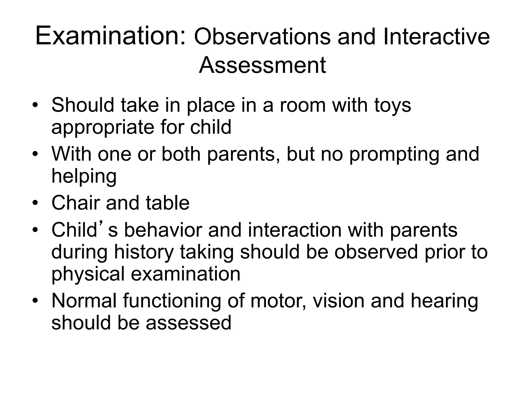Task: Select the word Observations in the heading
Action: tap(262, 37)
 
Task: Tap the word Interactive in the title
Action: tap(436, 37)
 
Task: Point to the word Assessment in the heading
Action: tap(262, 65)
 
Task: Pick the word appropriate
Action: tap(103, 128)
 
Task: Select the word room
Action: tap(303, 105)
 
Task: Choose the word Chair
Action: tap(75, 203)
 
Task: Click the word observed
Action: tap(376, 252)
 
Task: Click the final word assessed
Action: tap(188, 323)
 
